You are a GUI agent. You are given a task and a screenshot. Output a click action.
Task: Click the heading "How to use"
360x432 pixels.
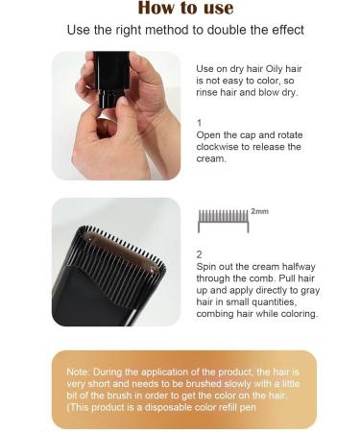[185, 9]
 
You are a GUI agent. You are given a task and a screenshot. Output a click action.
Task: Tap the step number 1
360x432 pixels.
[199, 123]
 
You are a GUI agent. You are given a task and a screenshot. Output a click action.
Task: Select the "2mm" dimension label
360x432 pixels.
[259, 210]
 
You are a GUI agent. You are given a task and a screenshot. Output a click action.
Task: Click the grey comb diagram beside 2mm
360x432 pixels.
[222, 220]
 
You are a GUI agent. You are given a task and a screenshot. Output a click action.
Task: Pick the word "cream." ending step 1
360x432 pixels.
[211, 158]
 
